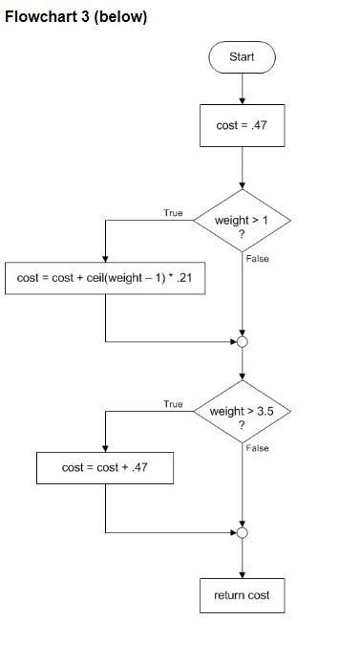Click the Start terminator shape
pos(242,57)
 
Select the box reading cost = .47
pos(242,125)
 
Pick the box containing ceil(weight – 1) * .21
pos(105,278)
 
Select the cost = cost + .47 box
pos(105,468)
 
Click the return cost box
pos(242,595)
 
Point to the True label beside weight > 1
pos(173,213)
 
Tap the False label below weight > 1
pos(257,259)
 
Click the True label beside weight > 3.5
pos(173,404)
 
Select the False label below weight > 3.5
pos(257,448)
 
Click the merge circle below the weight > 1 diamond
pos(242,341)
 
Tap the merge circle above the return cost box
pos(242,532)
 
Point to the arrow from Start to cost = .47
pos(242,88)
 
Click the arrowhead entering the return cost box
pos(242,573)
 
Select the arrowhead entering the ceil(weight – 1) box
pos(105,258)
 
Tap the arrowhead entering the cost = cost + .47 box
pos(105,448)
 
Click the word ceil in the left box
pos(85,278)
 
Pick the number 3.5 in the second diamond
pos(263,412)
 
